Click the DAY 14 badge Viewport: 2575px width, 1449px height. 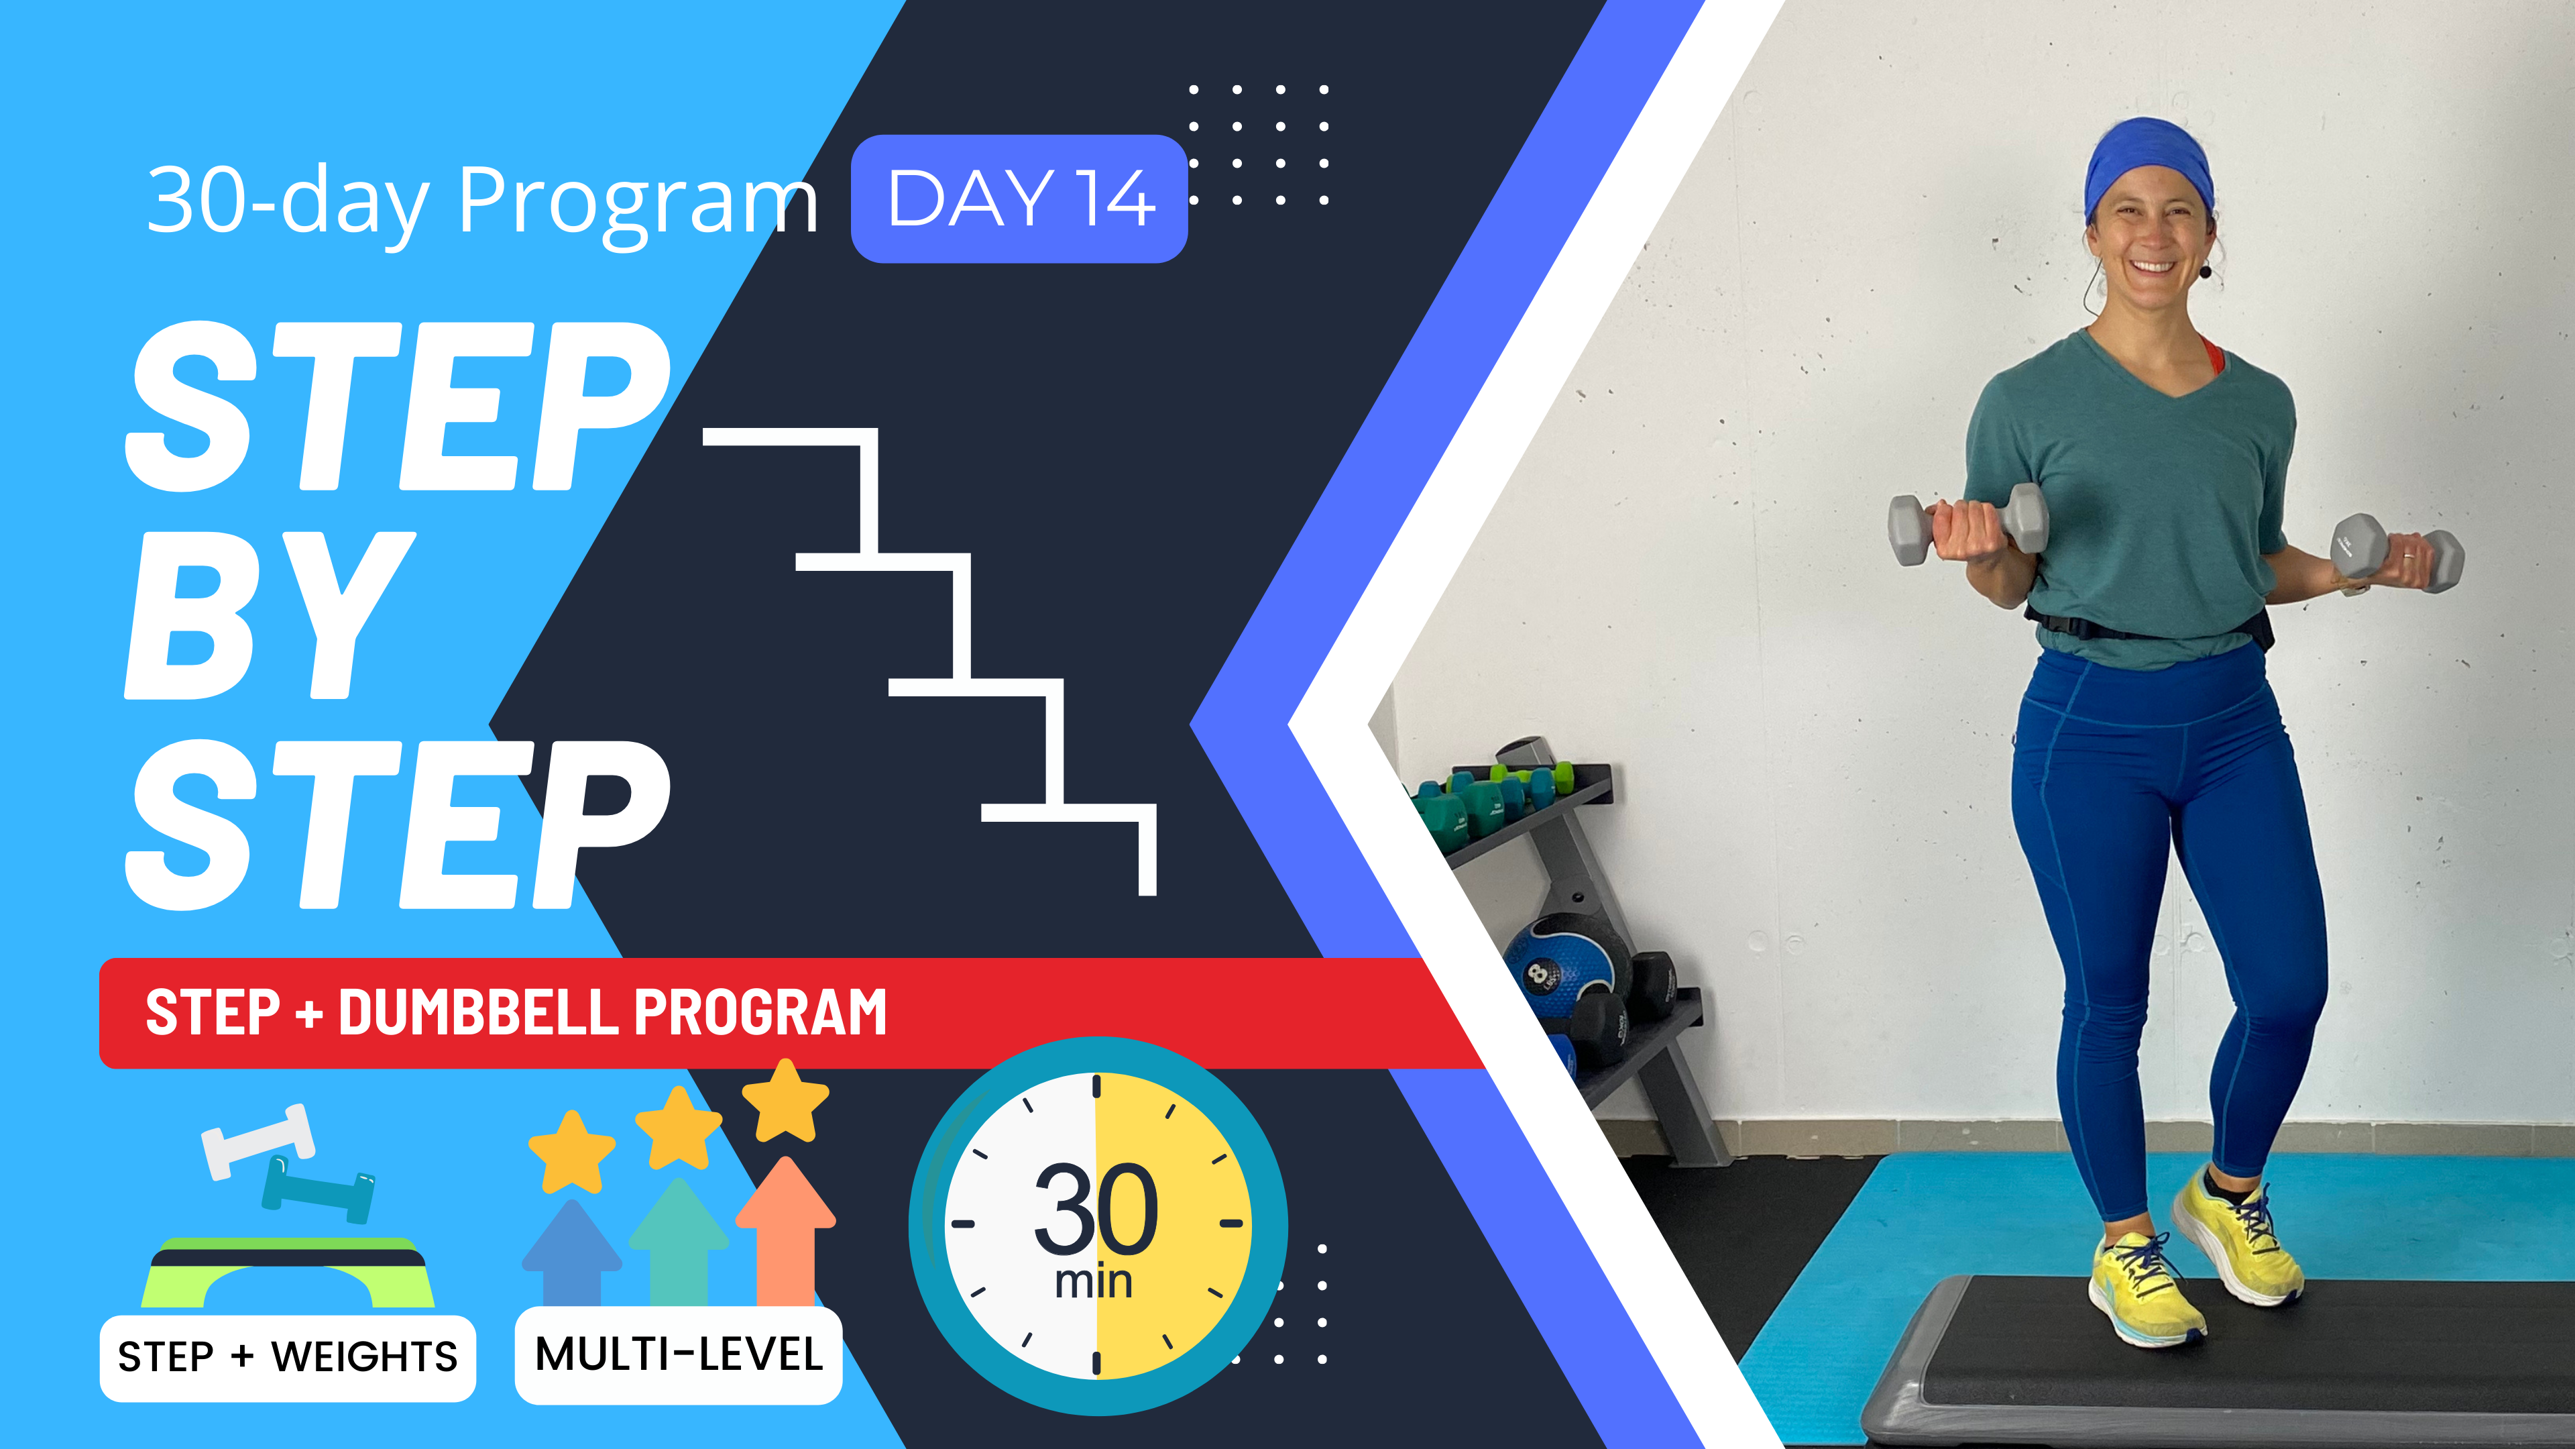[x=1019, y=199]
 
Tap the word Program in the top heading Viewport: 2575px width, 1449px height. [x=638, y=203]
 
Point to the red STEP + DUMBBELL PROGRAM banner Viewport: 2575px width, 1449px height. [x=760, y=1012]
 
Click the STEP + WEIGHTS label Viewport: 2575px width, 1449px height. [x=288, y=1357]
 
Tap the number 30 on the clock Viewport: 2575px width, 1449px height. [x=1096, y=1210]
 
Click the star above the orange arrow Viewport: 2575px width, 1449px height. [x=786, y=1101]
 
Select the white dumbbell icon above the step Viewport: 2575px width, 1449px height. [x=258, y=1140]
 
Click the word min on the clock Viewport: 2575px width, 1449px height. [x=1094, y=1282]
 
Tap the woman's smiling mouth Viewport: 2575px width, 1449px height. [x=2152, y=267]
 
